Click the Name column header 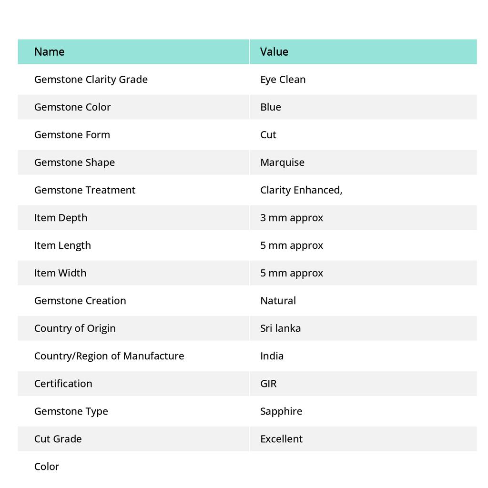[49, 51]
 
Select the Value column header [274, 51]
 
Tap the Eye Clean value [283, 79]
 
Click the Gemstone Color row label [72, 107]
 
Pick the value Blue [270, 107]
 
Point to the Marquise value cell [282, 162]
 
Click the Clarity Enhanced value [301, 190]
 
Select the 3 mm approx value [291, 217]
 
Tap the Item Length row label [62, 245]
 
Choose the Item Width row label [60, 273]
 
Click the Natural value [278, 300]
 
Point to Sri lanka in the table [280, 328]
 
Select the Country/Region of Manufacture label [109, 356]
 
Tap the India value [272, 356]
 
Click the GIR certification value [268, 383]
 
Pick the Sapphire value [281, 411]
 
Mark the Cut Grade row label [58, 438]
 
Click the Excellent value [281, 438]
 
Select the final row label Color [47, 466]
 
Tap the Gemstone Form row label [72, 134]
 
